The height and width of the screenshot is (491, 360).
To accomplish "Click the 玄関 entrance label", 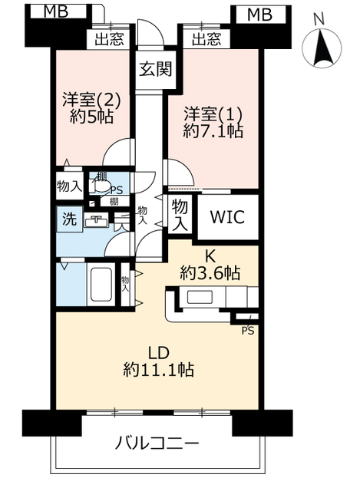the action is (x=155, y=69).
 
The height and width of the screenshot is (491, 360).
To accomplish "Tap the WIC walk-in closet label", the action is (x=227, y=217).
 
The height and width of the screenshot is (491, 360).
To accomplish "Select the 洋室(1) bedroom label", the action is (x=213, y=114).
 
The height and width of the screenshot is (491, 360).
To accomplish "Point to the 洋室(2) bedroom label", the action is (x=91, y=100).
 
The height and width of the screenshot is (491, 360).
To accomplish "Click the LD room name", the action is (x=159, y=353).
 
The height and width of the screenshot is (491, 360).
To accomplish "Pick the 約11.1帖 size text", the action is (x=159, y=370).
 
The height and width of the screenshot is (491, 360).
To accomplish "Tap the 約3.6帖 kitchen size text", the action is (x=210, y=273).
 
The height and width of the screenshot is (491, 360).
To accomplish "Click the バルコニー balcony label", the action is (x=157, y=443).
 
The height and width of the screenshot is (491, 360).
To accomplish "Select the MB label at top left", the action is (x=56, y=12).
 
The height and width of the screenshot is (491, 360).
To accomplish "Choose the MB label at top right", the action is (x=259, y=15).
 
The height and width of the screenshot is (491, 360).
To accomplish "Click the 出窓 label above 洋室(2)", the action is (x=109, y=39).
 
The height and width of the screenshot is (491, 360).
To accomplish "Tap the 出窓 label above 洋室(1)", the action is (x=206, y=39).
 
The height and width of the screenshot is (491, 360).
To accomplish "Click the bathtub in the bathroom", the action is (x=101, y=284).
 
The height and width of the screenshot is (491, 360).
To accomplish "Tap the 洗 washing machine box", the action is (x=70, y=219).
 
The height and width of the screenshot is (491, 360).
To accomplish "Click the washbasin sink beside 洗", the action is (x=96, y=220).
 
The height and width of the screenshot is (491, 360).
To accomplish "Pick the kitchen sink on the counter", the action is (x=200, y=297).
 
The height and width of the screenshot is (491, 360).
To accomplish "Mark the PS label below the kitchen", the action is (x=247, y=331).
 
